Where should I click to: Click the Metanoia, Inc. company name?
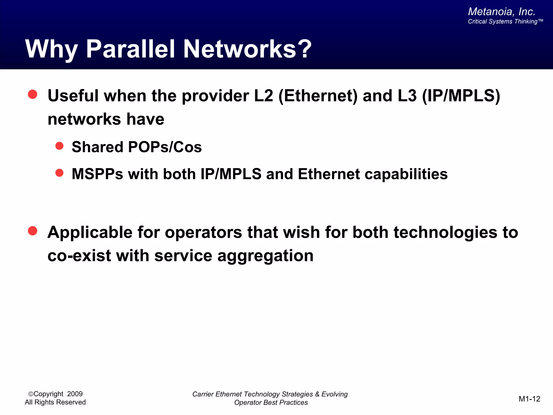pyautogui.click(x=501, y=12)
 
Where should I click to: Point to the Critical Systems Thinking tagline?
pyautogui.click(x=505, y=22)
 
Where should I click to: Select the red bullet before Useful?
pyautogui.click(x=33, y=94)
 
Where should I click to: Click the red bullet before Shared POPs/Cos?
pyautogui.click(x=59, y=146)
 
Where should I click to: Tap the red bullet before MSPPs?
pyautogui.click(x=59, y=173)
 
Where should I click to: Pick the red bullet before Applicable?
pyautogui.click(x=33, y=231)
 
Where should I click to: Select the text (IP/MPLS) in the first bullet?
pyautogui.click(x=461, y=96)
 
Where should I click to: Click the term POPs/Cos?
pyautogui.click(x=165, y=147)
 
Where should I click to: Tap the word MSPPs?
pyautogui.click(x=97, y=174)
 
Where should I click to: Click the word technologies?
pyautogui.click(x=445, y=232)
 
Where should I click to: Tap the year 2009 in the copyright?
pyautogui.click(x=75, y=394)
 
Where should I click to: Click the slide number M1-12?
pyautogui.click(x=529, y=399)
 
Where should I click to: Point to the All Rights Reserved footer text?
pyautogui.click(x=55, y=402)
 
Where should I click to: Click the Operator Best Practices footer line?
pyautogui.click(x=271, y=403)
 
